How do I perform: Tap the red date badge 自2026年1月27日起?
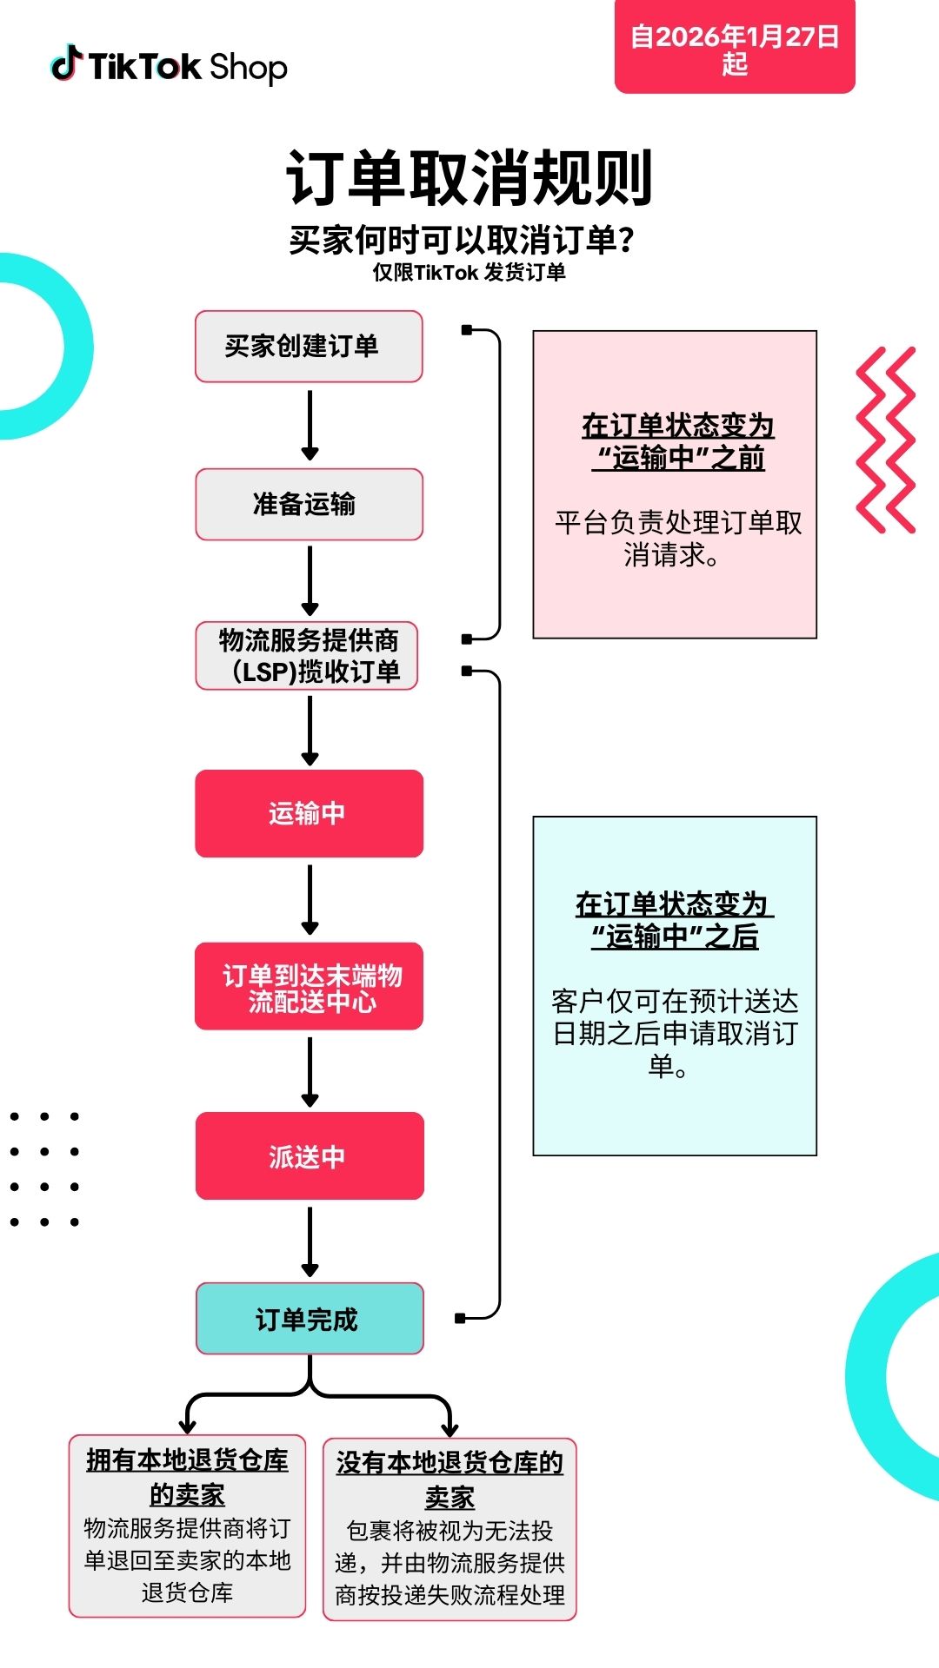coord(735,49)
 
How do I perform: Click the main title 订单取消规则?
coord(469,178)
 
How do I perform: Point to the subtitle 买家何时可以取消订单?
coord(462,240)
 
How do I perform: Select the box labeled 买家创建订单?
coord(309,346)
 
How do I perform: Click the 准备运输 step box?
coord(309,504)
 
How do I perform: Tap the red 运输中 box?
coord(309,813)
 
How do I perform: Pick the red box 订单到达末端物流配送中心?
coord(309,987)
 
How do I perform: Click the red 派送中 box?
coord(309,1156)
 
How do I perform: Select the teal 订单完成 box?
coord(309,1319)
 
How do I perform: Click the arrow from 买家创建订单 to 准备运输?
coord(310,425)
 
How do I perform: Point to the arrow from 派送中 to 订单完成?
coord(310,1241)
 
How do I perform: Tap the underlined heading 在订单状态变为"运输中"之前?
coord(677,441)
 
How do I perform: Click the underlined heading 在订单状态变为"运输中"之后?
coord(675,920)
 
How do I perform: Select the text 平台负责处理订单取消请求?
coord(677,539)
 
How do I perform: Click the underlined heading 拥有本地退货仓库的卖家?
coord(187,1477)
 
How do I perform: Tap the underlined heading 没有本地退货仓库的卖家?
coord(450,1479)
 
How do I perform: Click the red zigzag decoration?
coord(885,440)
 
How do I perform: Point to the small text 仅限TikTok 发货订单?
coord(469,273)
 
